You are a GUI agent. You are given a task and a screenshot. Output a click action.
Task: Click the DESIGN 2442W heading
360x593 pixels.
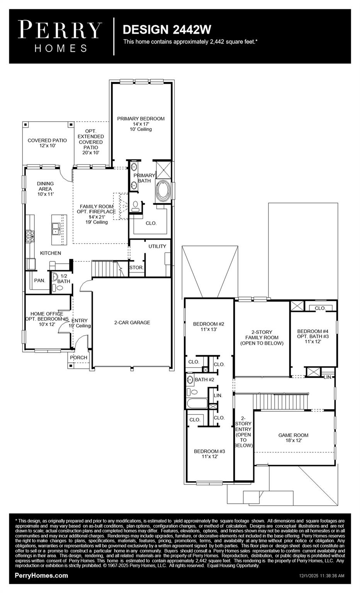coord(166,30)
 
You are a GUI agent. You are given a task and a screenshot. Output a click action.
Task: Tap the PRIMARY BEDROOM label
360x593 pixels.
coord(141,119)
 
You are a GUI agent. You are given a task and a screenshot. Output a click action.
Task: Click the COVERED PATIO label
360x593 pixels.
coord(47,141)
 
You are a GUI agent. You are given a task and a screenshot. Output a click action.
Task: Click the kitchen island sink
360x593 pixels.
coord(56,229)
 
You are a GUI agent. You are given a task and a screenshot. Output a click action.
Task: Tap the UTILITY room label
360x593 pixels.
coord(157,246)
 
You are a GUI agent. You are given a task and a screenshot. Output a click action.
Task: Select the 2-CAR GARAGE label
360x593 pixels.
coord(132,322)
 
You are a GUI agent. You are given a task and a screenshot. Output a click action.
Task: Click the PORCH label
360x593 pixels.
coord(78,357)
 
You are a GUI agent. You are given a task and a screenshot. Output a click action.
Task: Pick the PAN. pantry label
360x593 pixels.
coord(39,281)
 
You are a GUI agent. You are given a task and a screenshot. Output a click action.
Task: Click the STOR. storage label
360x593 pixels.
coord(136,267)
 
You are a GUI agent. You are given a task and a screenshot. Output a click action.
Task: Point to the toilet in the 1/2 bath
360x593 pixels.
coord(54,288)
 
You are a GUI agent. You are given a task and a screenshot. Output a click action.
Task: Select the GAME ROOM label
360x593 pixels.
coord(293,435)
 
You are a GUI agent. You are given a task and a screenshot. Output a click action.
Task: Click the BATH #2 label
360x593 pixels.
coord(204,380)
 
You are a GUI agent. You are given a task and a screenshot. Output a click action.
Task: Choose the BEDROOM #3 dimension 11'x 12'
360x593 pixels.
coord(210,457)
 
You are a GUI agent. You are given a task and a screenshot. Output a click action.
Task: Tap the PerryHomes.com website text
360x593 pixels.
coord(41,576)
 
